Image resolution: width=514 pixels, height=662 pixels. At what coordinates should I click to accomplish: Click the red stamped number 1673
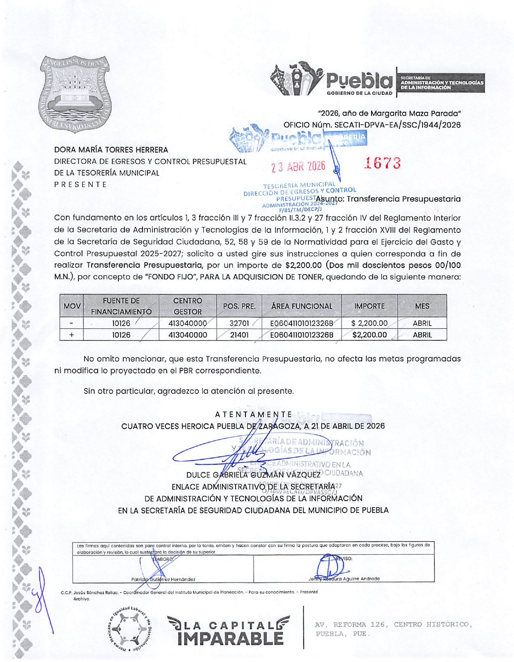tap(382, 163)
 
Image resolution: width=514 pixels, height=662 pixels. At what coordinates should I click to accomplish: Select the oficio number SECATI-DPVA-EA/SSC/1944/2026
tap(397, 125)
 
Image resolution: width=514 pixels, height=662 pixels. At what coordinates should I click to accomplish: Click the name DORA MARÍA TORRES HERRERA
tap(111, 150)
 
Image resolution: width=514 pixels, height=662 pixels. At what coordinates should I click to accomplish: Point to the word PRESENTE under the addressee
tap(81, 184)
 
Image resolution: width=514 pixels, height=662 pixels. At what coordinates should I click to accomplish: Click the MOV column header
tap(72, 306)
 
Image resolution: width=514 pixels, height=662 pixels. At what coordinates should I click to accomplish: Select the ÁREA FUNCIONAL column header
tap(302, 306)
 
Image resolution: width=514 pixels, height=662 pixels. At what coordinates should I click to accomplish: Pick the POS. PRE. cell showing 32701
tap(239, 323)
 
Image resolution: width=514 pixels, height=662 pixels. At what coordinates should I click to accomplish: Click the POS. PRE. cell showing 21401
tap(239, 335)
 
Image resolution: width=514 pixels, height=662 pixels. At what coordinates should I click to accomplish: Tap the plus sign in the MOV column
tap(72, 335)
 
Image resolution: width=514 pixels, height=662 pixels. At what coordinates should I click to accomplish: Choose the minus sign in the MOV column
tap(72, 323)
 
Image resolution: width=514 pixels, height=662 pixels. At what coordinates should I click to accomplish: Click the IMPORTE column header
tap(369, 306)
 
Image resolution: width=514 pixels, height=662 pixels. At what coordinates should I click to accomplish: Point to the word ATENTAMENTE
tap(254, 415)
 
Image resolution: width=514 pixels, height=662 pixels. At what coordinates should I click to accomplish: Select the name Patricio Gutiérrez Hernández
tap(163, 579)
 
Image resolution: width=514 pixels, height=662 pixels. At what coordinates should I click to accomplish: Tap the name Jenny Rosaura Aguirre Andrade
tap(344, 578)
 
